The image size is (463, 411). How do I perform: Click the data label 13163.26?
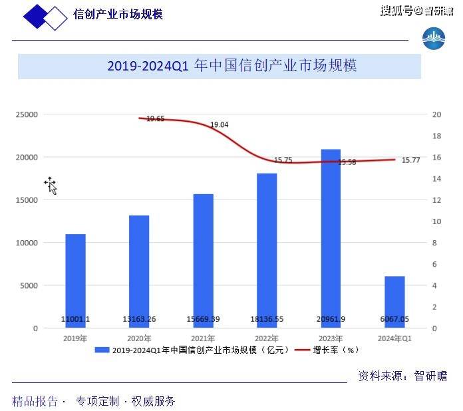pos(139,319)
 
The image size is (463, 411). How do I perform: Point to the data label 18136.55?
pos(267,319)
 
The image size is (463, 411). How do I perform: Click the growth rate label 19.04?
pos(220,124)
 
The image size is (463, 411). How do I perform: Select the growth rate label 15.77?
pos(411,160)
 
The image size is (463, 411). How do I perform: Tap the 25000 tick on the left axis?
pos(27,114)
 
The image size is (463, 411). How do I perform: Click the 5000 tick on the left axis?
pos(30,286)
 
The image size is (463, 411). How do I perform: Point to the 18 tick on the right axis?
pos(436,136)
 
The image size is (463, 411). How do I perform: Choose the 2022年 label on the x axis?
pos(267,339)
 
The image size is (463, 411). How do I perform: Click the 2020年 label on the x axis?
pos(139,339)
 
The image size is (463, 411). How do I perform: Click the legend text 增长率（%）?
pos(336,350)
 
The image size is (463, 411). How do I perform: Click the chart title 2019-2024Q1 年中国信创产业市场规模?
pos(232,67)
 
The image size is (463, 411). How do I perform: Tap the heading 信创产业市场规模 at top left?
pos(118,15)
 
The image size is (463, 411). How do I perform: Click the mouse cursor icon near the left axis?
pos(51,186)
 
